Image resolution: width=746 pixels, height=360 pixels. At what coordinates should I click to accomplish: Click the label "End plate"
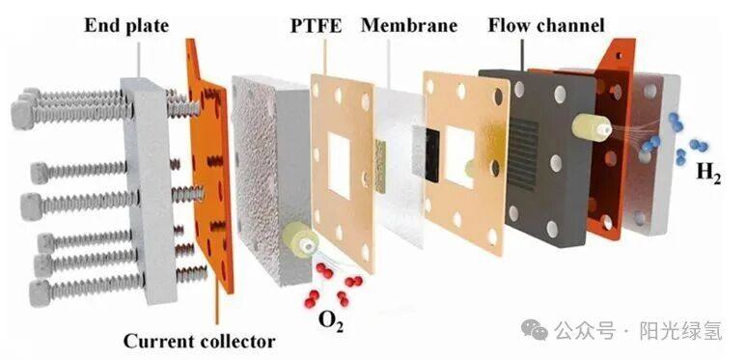coord(126,26)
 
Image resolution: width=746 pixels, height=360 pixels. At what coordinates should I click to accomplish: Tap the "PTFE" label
coord(317,26)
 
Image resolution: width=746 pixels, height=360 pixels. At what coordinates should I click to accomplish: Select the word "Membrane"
coord(409,26)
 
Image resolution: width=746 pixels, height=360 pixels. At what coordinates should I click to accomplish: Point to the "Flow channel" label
coord(546,25)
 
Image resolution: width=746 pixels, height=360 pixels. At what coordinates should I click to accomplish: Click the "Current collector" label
coord(199,341)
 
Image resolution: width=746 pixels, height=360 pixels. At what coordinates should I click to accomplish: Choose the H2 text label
coord(709,173)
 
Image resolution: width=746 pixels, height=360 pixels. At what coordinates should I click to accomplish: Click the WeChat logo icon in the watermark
coord(534,329)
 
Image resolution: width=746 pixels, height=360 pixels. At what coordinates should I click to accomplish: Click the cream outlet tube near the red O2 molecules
coord(298,240)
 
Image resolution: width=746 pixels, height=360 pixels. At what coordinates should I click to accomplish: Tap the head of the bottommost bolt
coord(39,293)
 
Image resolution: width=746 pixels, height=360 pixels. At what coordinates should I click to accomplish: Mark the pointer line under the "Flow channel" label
coord(522,55)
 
